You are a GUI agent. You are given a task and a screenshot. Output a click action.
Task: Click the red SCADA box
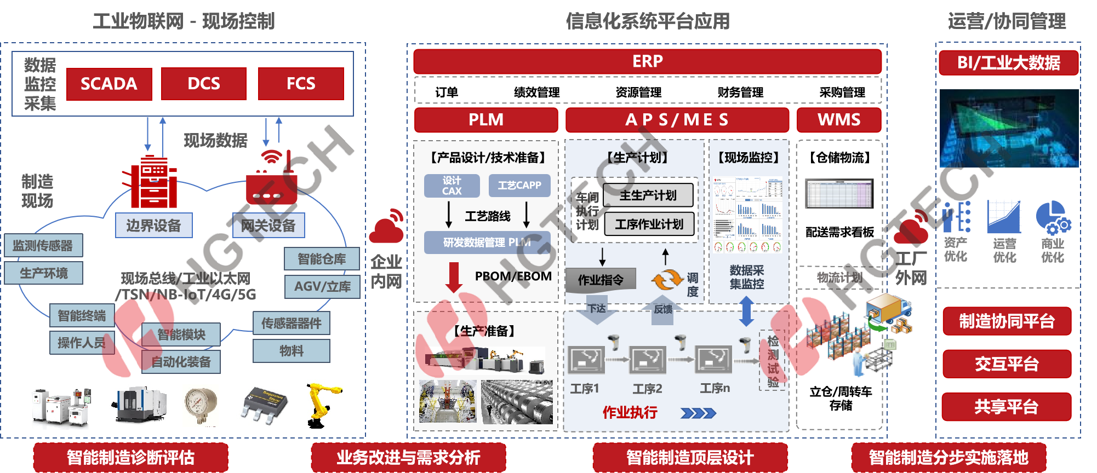tap(109, 84)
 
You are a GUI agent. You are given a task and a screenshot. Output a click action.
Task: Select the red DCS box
tap(204, 84)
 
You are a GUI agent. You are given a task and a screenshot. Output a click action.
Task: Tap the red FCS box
tap(301, 84)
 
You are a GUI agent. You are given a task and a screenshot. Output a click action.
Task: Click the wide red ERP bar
tap(647, 61)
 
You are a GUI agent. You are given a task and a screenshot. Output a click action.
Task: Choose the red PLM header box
tap(486, 120)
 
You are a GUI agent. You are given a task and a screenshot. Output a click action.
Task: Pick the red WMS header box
tap(839, 120)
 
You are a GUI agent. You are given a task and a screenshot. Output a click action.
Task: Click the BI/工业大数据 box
tap(1008, 63)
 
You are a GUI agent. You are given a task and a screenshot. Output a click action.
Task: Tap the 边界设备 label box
tap(154, 226)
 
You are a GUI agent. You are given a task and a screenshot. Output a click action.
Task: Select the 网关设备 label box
tap(268, 226)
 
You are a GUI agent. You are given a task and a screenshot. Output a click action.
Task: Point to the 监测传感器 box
tap(43, 246)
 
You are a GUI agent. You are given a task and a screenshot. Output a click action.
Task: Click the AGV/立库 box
tap(322, 286)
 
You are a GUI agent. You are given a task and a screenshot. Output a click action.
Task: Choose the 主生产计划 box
tap(648, 195)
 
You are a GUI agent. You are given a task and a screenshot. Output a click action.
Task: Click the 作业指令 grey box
tap(601, 280)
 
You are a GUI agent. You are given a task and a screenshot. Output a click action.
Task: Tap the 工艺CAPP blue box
tap(519, 186)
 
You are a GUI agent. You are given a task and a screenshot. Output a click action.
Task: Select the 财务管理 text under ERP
tap(740, 92)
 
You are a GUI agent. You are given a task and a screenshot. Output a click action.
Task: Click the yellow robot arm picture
tap(322, 404)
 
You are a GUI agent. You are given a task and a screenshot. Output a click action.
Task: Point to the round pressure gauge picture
tap(201, 405)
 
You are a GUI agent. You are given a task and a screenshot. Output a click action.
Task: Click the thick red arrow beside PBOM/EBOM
tap(454, 277)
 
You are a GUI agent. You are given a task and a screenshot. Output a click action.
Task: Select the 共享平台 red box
tap(1006, 407)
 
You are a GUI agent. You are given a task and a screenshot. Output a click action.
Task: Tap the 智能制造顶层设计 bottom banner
tap(690, 457)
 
